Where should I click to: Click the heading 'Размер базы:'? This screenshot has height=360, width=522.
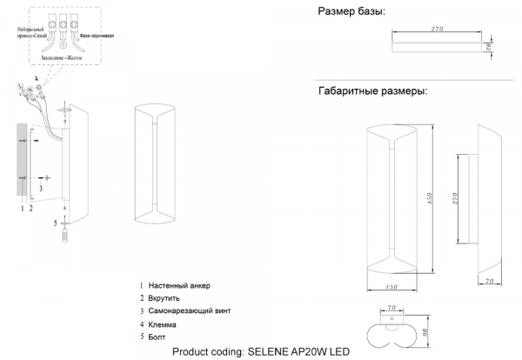coord(351,11)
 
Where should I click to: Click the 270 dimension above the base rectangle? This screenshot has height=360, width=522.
coord(438,30)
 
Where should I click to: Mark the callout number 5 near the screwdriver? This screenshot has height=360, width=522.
coord(56,223)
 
